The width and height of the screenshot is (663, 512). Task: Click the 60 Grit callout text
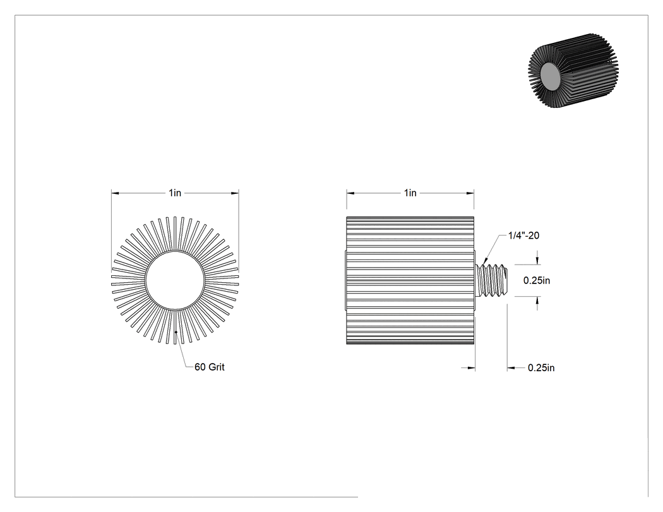pos(209,367)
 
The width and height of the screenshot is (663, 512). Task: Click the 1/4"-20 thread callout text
pos(523,235)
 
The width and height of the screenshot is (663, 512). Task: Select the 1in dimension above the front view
pos(175,193)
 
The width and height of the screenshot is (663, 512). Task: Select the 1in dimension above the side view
pos(410,193)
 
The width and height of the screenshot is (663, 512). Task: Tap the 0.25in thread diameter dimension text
pos(537,280)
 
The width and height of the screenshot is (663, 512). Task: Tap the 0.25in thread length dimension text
pos(541,368)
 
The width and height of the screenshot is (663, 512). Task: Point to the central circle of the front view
pos(175,280)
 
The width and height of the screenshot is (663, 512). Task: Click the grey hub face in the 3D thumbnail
pos(551,76)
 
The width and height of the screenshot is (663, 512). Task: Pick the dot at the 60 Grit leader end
pos(176,332)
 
